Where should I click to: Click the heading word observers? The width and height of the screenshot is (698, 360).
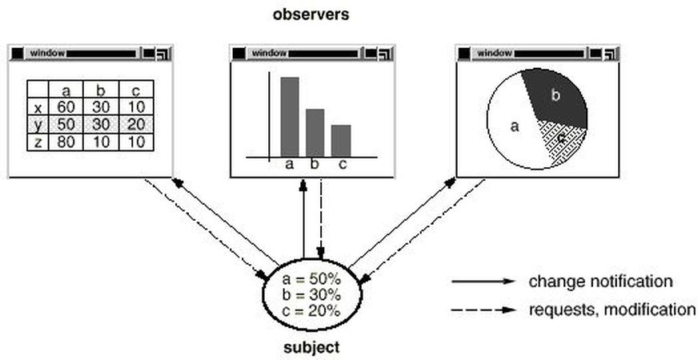click(x=311, y=14)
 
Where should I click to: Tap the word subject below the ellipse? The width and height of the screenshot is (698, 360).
click(x=311, y=347)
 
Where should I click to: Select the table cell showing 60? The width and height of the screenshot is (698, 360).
click(x=66, y=107)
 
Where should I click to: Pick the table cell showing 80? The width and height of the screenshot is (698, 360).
click(x=66, y=142)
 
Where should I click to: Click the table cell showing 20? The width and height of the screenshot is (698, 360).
click(x=136, y=125)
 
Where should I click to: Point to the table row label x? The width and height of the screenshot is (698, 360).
click(x=38, y=107)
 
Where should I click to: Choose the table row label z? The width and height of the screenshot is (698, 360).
click(x=38, y=142)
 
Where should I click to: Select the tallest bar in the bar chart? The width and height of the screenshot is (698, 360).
click(x=290, y=116)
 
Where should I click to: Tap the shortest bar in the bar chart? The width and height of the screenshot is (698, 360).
click(x=341, y=140)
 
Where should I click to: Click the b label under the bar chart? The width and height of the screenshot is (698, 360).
click(x=315, y=165)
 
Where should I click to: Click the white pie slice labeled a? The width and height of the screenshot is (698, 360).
click(x=512, y=128)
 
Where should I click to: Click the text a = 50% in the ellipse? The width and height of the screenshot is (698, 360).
click(x=311, y=279)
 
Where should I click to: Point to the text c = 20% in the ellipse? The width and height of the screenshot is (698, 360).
click(x=311, y=310)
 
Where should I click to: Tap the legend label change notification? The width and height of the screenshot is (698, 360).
click(x=600, y=282)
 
